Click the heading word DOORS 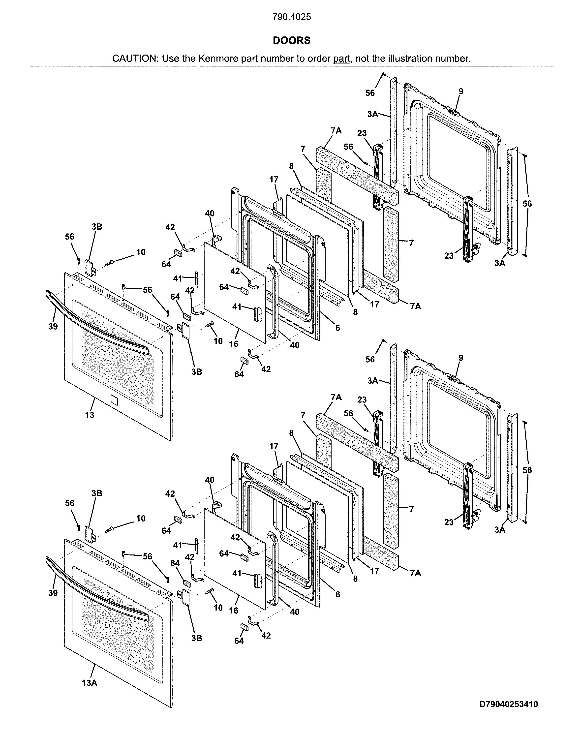point(292,40)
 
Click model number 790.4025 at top point(292,17)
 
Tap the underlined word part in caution point(341,59)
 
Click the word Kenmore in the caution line point(218,59)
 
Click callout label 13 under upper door point(90,415)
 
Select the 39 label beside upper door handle point(53,327)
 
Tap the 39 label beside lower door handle point(53,593)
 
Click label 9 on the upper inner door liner point(460,92)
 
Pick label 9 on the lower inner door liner point(460,358)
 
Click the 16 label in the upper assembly point(233,344)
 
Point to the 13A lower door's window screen point(116,622)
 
